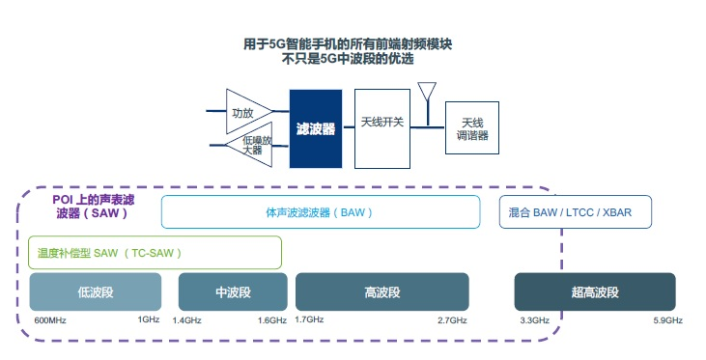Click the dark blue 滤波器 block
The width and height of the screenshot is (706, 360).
tap(316, 128)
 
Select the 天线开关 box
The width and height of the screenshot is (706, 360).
tap(381, 125)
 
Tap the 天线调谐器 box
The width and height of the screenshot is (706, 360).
tap(472, 128)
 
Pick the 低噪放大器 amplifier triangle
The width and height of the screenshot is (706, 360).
tap(249, 146)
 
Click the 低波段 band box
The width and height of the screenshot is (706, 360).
tap(95, 291)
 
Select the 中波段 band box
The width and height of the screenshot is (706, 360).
tap(233, 291)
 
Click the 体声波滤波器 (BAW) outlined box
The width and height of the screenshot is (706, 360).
tap(320, 212)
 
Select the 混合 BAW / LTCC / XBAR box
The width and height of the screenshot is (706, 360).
tap(577, 212)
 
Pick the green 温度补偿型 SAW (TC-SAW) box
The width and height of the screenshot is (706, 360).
tap(155, 252)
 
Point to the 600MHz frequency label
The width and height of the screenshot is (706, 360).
tap(50, 319)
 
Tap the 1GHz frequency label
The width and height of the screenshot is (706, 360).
tap(148, 319)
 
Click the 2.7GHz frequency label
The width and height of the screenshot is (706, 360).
tap(452, 319)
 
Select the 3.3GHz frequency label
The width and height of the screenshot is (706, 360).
tap(534, 319)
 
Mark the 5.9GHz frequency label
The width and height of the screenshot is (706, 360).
tap(667, 319)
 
